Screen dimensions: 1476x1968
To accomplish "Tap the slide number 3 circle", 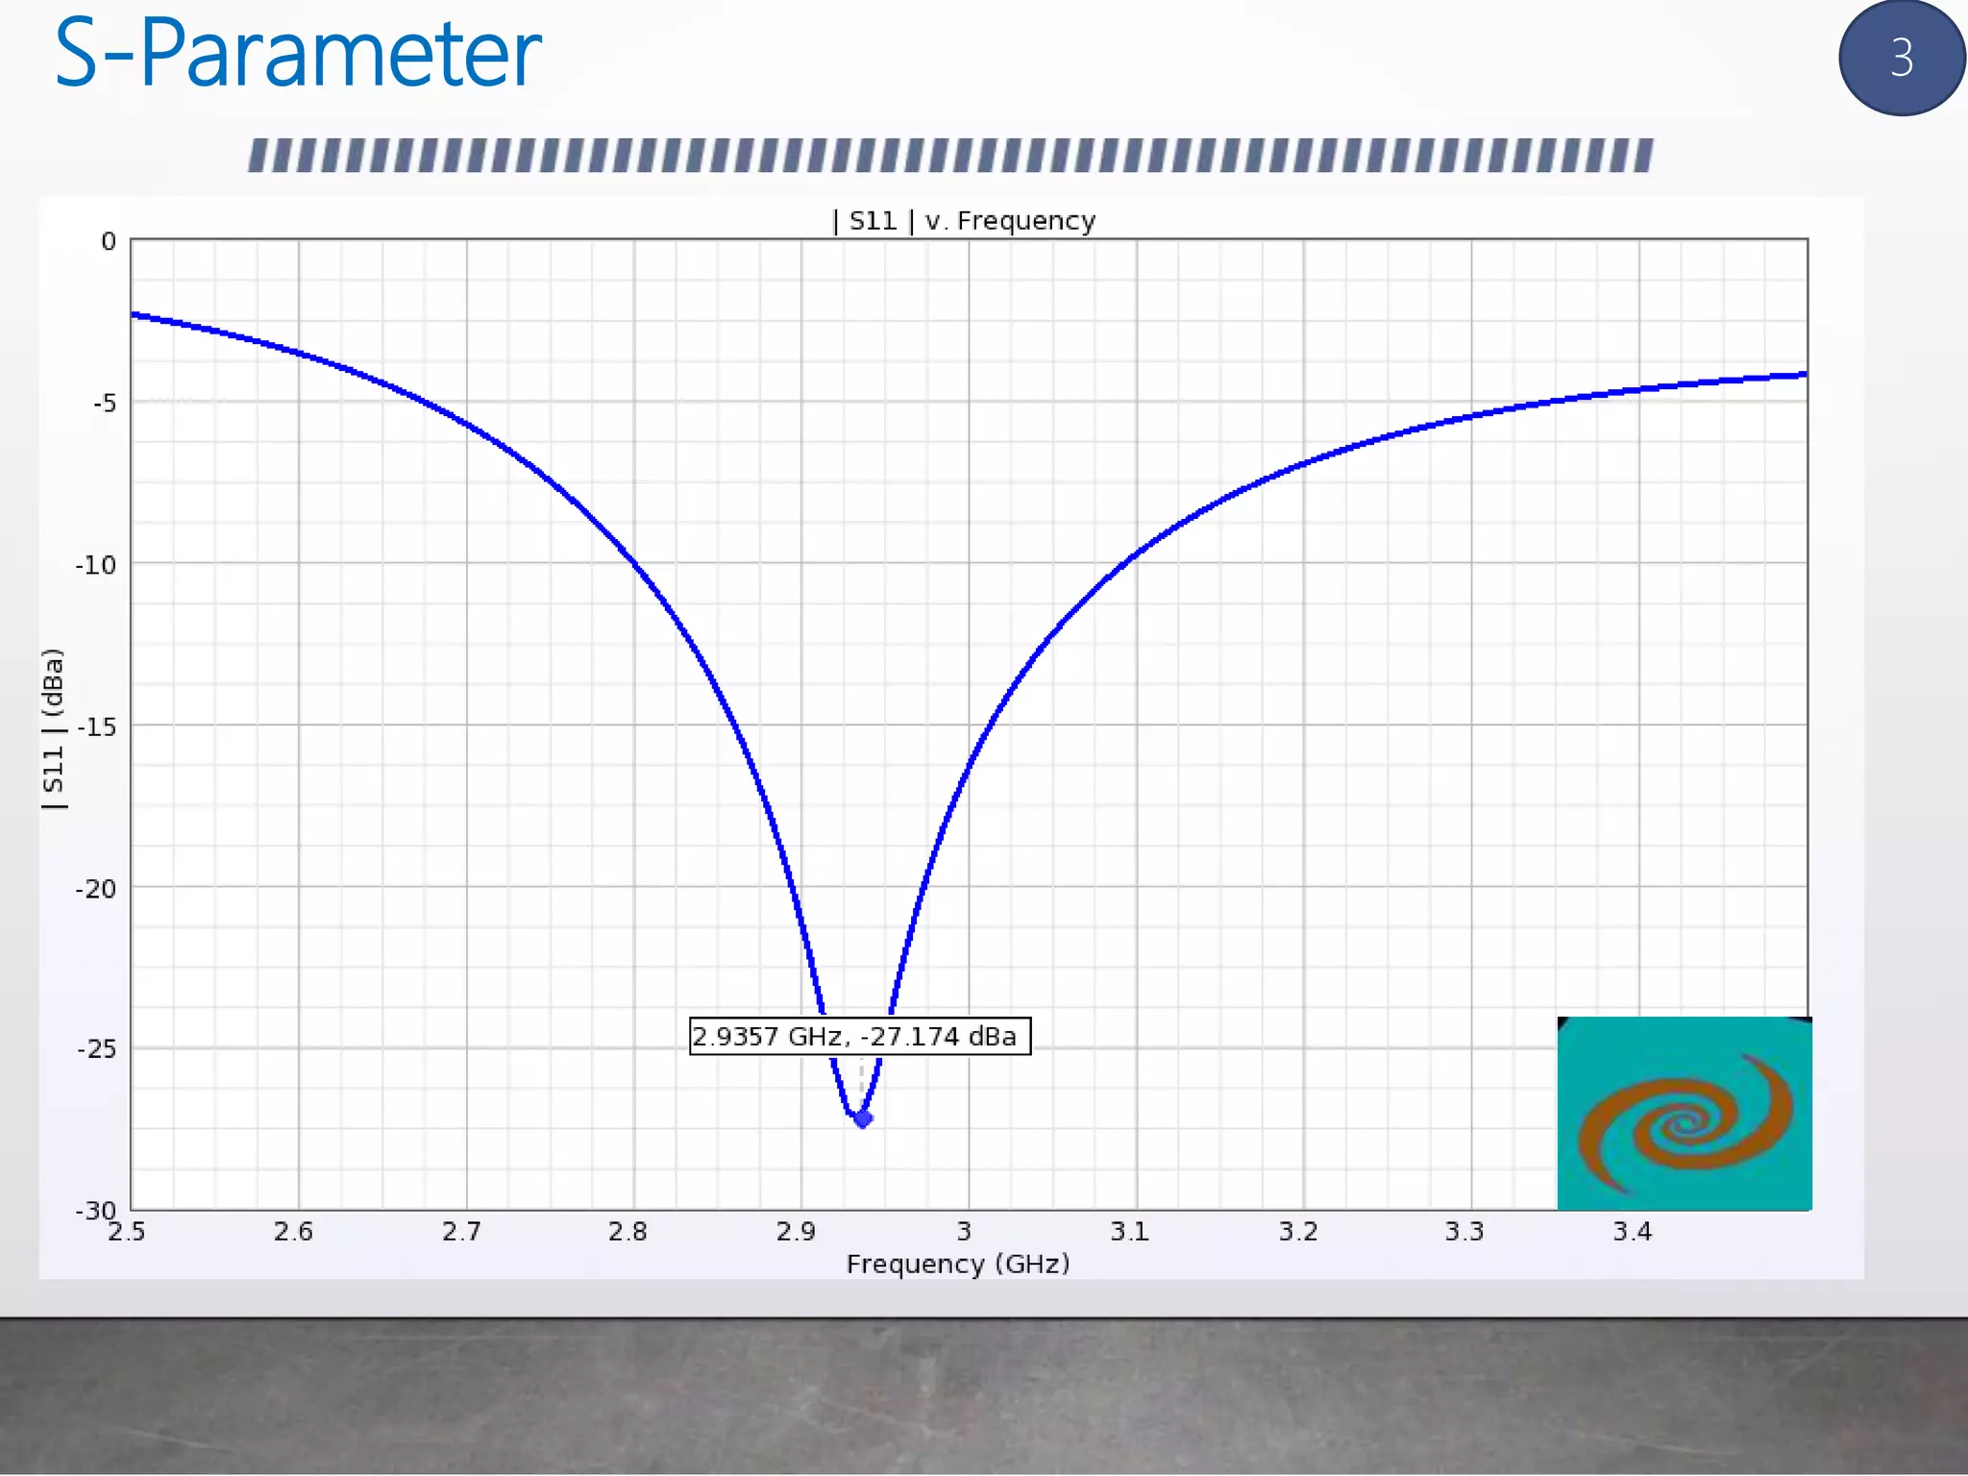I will (x=1901, y=58).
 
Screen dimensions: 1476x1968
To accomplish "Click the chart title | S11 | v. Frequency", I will (x=964, y=221).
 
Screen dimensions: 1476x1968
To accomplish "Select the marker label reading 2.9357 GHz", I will (x=859, y=1036).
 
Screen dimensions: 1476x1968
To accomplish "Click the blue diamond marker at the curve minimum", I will (x=863, y=1119).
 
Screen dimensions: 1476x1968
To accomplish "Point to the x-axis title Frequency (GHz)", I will (x=957, y=1264).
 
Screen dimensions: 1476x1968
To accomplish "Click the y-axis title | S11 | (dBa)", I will (x=54, y=728).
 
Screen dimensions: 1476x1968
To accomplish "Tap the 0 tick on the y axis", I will (x=109, y=241).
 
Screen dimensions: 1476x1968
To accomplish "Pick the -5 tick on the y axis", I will (x=105, y=403).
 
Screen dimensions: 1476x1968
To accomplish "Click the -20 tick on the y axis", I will (x=96, y=889).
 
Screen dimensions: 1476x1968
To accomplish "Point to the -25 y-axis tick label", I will (x=96, y=1048).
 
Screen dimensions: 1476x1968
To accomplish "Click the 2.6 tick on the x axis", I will (x=293, y=1232).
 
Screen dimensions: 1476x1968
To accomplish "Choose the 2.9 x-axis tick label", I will (x=796, y=1232).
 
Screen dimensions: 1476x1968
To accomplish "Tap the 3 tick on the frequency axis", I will (x=964, y=1232).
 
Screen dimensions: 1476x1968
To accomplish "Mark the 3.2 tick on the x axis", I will (x=1298, y=1232).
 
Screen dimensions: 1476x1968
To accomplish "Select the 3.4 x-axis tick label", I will (x=1632, y=1232).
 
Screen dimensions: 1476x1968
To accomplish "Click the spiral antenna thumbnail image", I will (x=1684, y=1114).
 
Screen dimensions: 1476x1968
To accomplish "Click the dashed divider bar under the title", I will (x=950, y=156).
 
